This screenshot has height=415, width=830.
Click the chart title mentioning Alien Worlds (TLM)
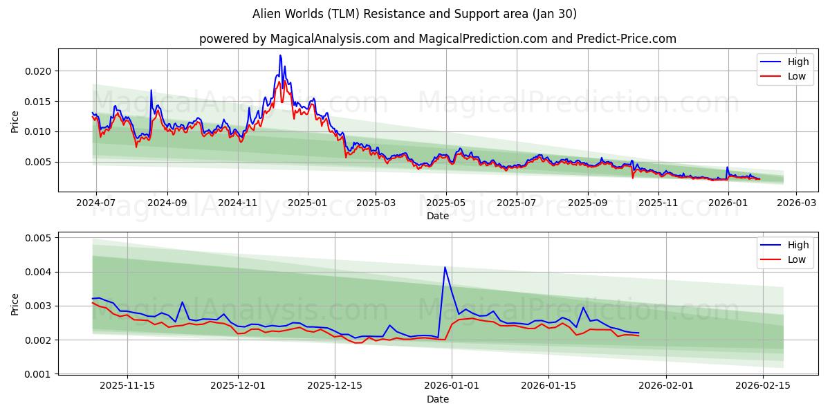415,14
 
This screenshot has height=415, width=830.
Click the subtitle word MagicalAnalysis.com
322,39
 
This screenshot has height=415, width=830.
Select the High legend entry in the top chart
797,62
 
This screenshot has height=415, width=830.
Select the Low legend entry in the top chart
797,76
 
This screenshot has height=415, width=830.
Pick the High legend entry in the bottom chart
797,245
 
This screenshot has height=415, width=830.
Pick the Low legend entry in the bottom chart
797,259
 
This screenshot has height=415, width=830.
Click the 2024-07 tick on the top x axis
95,203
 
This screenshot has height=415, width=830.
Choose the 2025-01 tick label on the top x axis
308,203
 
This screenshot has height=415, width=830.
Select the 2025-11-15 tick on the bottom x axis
127,386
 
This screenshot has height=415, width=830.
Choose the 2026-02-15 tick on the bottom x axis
763,386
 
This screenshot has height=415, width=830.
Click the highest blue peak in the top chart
280,55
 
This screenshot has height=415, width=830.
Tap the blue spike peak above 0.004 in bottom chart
445,267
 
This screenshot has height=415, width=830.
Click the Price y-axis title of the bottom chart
15,304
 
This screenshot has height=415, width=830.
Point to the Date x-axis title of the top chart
437,216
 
